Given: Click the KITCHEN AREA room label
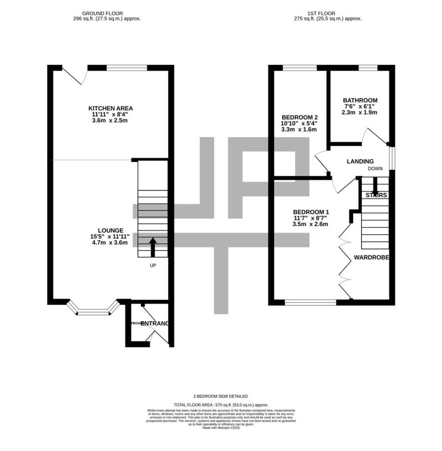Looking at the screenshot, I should (x=110, y=108).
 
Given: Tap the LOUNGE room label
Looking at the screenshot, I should (x=110, y=230).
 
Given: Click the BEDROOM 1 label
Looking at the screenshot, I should (x=311, y=211).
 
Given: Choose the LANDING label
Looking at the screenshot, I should (x=360, y=162).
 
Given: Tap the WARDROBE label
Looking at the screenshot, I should (x=372, y=257).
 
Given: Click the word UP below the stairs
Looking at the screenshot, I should (x=153, y=265).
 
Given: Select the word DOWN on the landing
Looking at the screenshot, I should (x=375, y=169).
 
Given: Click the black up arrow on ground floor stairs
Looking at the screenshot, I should (x=153, y=247).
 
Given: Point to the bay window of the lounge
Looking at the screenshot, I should (x=93, y=310).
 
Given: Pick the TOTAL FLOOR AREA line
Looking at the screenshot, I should (x=221, y=405).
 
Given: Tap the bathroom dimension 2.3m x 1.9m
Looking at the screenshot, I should (x=359, y=112).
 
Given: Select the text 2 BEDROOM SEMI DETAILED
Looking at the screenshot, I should (x=221, y=396).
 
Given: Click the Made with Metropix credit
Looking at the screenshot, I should (x=221, y=428).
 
